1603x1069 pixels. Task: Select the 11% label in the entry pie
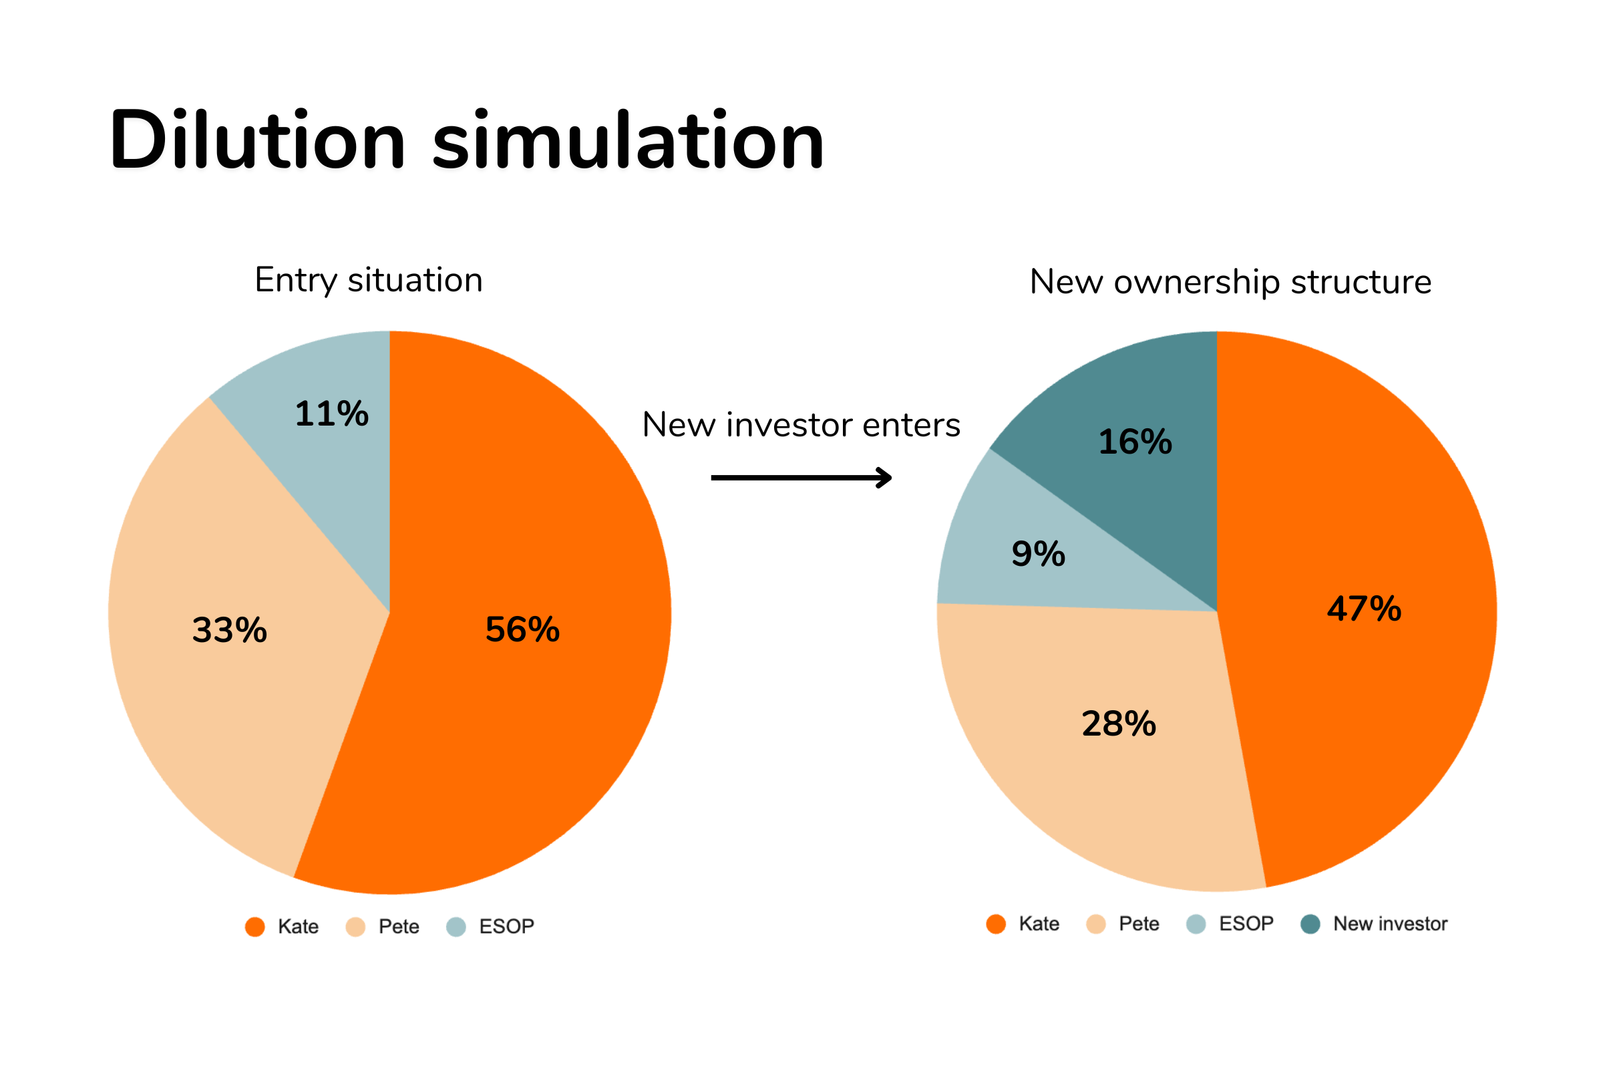332,414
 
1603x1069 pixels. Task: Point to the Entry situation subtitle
369,280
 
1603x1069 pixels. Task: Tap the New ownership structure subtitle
1230,282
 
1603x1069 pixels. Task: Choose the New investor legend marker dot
1310,925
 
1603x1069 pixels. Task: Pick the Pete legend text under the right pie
1139,925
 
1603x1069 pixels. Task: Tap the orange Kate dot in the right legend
996,925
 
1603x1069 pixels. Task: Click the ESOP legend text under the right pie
1246,925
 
